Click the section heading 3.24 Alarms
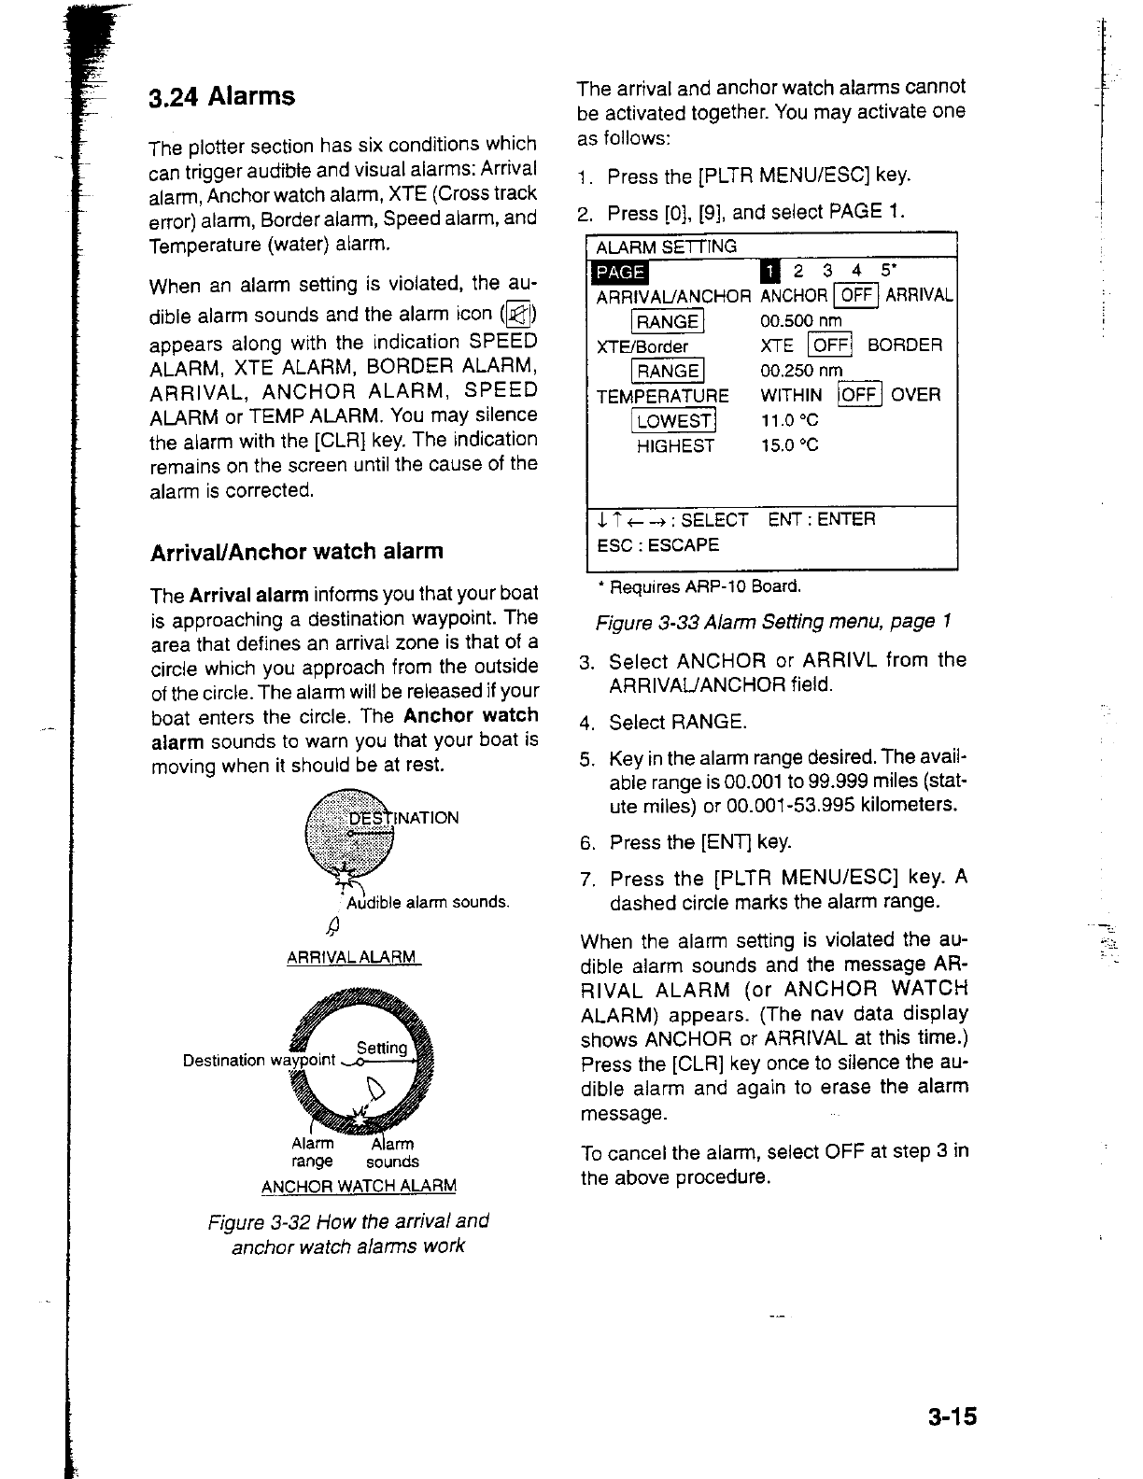[222, 97]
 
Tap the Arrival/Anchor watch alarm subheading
[297, 551]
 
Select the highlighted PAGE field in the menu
[621, 272]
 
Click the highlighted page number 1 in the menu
[769, 272]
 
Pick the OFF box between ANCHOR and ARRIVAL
[856, 296]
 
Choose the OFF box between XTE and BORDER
[830, 345]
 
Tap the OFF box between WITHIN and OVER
[859, 395]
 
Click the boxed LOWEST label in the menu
[674, 421]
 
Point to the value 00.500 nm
[801, 321]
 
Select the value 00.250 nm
[801, 371]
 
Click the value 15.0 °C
[790, 445]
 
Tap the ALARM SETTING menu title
[666, 246]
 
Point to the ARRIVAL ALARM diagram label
[351, 957]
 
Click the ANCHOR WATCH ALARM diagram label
[359, 1187]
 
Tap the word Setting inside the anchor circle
[382, 1048]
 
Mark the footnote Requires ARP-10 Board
[699, 586]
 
